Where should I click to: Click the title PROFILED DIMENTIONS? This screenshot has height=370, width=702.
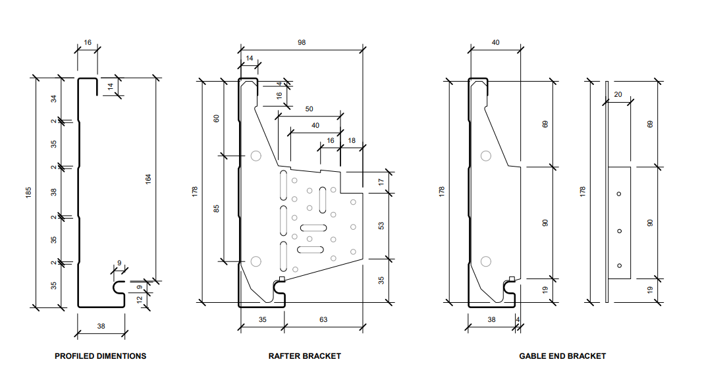tap(100, 356)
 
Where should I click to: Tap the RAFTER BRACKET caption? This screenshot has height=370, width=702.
tap(305, 356)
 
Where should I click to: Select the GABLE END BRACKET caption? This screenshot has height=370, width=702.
tap(562, 356)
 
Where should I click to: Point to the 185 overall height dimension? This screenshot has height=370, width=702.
tap(28, 193)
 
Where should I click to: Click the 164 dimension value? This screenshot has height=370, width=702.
tap(148, 178)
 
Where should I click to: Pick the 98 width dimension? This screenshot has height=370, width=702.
tap(302, 42)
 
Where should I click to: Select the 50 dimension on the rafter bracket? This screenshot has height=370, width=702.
tap(310, 109)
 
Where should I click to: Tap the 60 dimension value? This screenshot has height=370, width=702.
tap(217, 118)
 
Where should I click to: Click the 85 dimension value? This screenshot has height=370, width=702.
tap(217, 209)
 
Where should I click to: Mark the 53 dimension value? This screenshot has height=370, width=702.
tap(381, 225)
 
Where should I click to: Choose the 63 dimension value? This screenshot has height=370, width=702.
tap(323, 320)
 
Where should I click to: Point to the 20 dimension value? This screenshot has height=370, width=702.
tap(618, 94)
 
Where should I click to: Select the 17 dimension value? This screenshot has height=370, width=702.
tap(381, 182)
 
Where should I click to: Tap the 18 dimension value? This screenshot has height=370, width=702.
tap(351, 141)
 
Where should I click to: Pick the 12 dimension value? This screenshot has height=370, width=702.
tap(140, 300)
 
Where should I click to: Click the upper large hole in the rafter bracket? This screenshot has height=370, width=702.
tap(256, 156)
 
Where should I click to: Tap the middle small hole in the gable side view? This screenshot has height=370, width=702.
tap(619, 230)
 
